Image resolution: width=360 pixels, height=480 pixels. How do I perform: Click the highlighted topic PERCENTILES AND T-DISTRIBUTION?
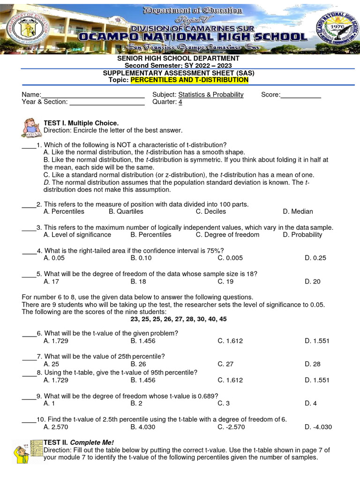coord(189,80)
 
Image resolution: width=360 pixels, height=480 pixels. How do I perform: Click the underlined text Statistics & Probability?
coord(210,95)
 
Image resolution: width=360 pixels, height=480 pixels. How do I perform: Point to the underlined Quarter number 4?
coord(180,102)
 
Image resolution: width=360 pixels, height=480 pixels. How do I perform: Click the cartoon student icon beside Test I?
coord(31,127)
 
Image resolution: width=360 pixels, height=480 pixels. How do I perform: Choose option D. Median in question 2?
coord(298,211)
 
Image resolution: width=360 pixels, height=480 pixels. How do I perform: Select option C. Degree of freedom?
coord(227,234)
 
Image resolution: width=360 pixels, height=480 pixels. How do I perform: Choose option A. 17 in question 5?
coord(51,281)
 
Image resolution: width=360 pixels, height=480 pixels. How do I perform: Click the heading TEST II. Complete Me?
coord(79,442)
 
